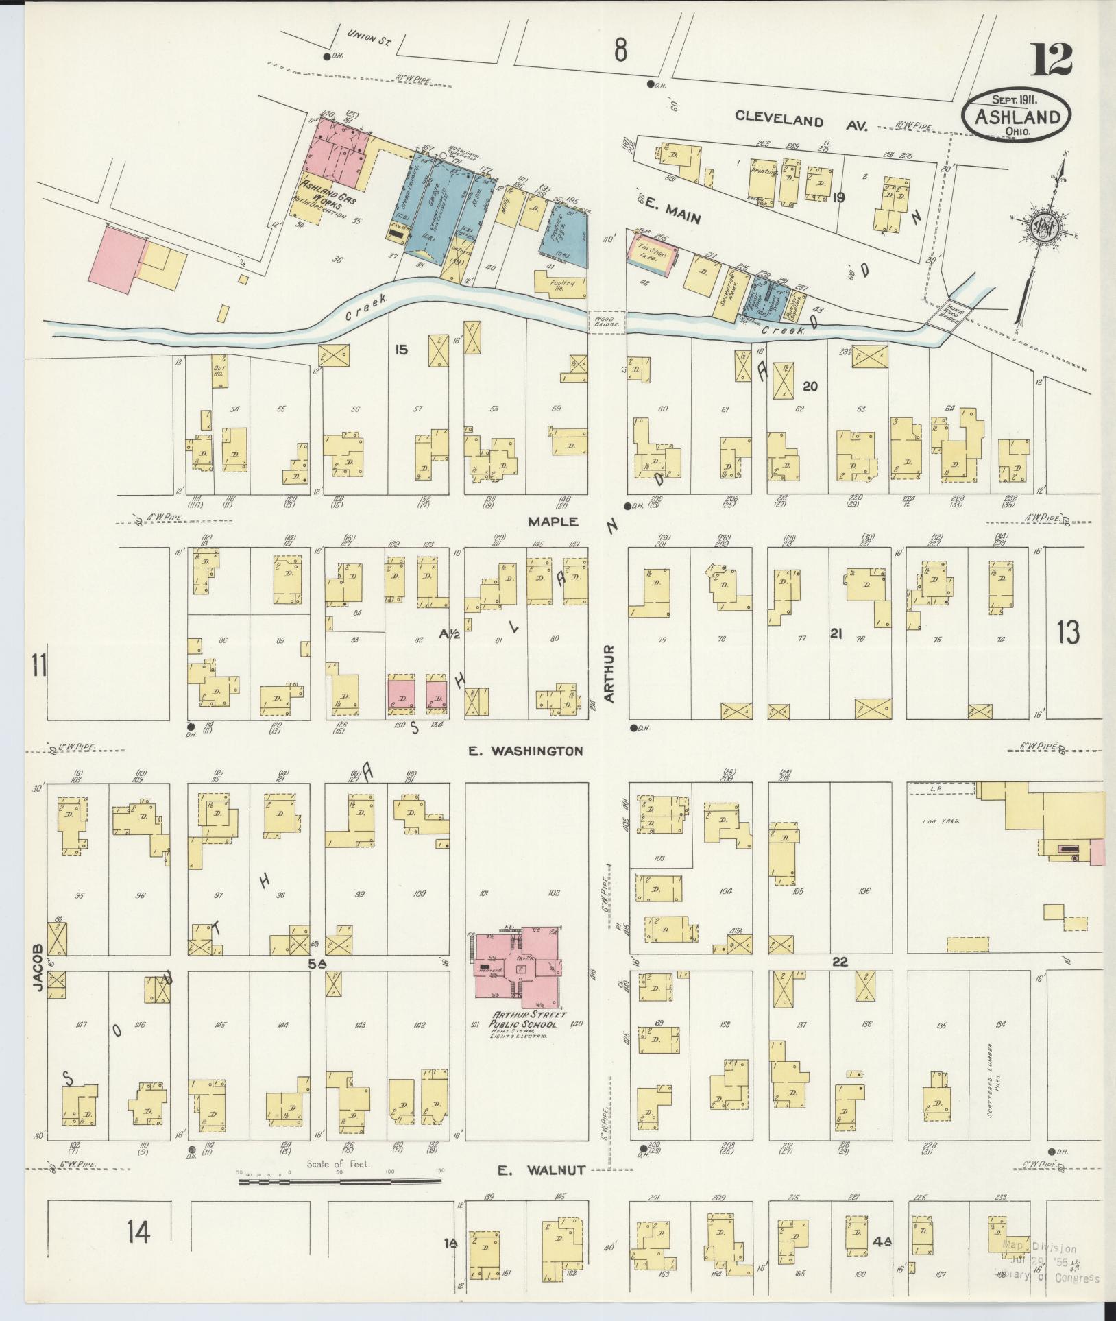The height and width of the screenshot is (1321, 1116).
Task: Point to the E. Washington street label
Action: pos(525,751)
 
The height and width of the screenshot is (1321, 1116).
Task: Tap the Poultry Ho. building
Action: pos(561,286)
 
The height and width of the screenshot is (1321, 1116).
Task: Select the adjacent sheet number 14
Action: pos(137,1233)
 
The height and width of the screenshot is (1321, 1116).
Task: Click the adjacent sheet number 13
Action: pos(1068,632)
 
